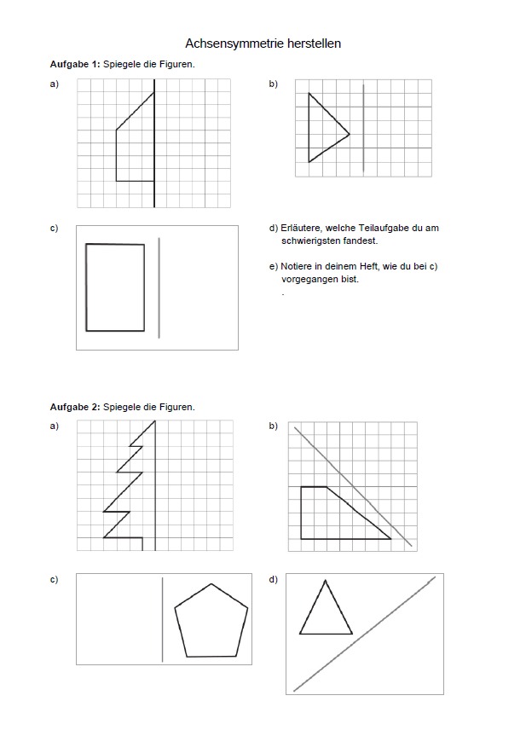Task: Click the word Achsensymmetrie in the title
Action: coord(228,43)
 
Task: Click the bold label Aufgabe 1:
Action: coord(75,64)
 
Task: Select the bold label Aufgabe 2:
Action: coord(75,407)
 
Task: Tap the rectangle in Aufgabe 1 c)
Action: coord(115,287)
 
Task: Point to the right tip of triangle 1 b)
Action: coord(350,134)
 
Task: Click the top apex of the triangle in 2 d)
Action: coord(325,581)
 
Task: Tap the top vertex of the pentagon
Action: coord(211,584)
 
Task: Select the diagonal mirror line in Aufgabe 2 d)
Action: coord(364,634)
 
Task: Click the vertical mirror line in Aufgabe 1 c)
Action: coord(159,287)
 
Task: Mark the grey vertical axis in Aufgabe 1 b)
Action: coord(363,128)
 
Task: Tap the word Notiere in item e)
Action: coord(297,266)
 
